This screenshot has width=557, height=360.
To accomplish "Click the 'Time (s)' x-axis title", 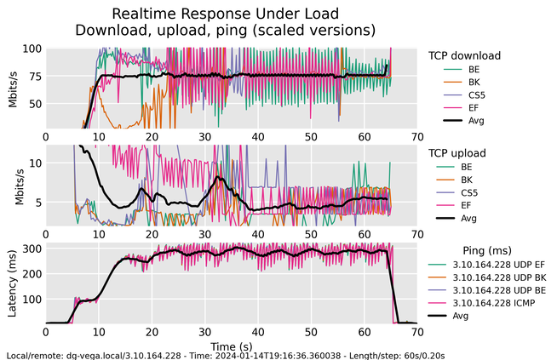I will (x=231, y=347).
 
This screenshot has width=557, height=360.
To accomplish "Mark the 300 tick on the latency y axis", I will (x=31, y=249).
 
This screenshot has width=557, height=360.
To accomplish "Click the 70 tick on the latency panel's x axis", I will (x=416, y=333).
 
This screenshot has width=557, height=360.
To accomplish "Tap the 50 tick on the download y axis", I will (x=34, y=104).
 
